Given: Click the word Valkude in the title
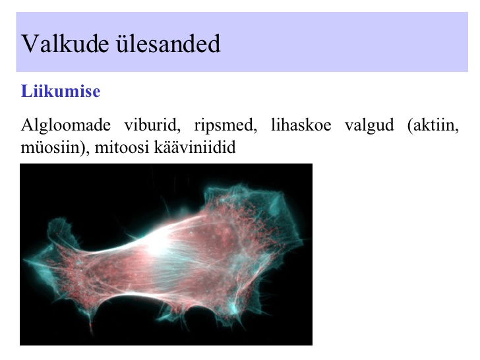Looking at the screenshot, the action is click(x=65, y=44).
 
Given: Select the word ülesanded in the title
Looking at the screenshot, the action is click(x=168, y=44).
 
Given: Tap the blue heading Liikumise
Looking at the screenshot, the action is click(x=61, y=91).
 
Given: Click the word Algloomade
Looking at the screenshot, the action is click(x=65, y=125).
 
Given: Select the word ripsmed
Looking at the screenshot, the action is click(x=225, y=125).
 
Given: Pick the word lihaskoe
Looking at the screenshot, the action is click(x=301, y=125).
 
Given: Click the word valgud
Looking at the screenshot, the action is click(x=369, y=125).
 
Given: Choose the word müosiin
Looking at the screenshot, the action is click(x=50, y=148).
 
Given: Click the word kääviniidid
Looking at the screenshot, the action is click(x=195, y=148).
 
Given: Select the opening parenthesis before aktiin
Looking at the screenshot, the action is click(x=410, y=125).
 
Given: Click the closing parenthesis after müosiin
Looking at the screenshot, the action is click(x=82, y=148).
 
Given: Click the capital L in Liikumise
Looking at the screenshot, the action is click(x=26, y=91).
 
